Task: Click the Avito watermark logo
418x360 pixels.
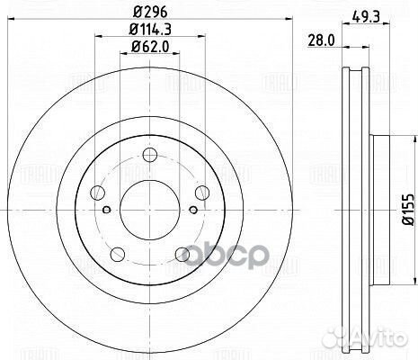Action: (x=382, y=339)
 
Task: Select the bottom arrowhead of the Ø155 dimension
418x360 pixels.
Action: (x=392, y=271)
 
